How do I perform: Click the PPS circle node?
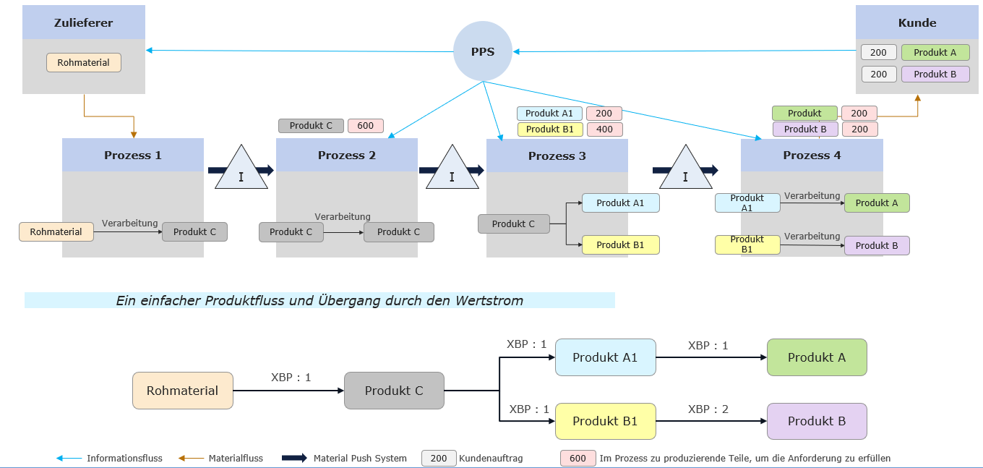coord(483,51)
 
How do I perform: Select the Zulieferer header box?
coord(83,22)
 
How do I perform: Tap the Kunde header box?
coord(917,22)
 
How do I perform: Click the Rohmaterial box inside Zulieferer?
coord(84,63)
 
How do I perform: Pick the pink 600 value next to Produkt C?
coord(366,126)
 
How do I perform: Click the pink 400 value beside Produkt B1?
coord(604,129)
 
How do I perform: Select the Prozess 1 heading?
coord(133,155)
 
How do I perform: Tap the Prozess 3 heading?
coord(557,156)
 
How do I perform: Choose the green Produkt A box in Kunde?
coord(935,53)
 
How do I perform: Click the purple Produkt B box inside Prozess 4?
coord(877,245)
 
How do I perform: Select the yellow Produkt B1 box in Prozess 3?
coord(621,245)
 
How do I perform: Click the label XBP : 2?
coord(708,409)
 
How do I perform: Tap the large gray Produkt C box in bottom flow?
coord(394,391)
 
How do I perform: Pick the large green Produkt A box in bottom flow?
coord(817,357)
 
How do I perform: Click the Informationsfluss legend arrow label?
coord(124,458)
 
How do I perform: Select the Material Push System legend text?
coord(360,458)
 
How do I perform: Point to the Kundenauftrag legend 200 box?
coord(439,458)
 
